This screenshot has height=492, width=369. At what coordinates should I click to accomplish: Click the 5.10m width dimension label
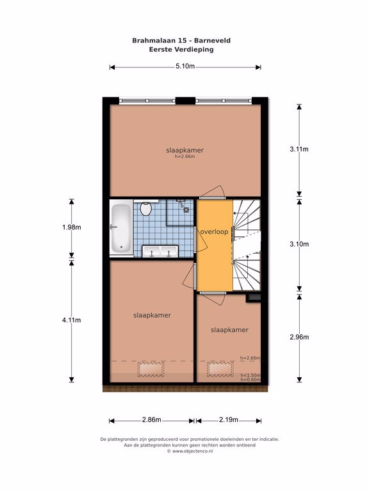point(185,66)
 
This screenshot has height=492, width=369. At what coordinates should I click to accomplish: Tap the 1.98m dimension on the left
point(72,227)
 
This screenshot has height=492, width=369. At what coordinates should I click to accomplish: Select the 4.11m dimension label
point(72,320)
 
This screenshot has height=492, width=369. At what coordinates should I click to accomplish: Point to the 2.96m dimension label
point(299,337)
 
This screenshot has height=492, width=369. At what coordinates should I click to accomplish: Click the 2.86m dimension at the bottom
point(152,420)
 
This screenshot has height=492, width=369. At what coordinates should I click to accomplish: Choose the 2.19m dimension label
point(229,420)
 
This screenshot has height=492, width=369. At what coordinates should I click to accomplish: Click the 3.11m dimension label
point(299,149)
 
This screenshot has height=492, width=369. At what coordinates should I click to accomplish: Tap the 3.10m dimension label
point(299,244)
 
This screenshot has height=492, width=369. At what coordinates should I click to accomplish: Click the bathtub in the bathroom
point(121,228)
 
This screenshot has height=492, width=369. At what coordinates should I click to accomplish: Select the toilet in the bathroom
point(145,208)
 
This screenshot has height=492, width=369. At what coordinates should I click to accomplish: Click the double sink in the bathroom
point(160,252)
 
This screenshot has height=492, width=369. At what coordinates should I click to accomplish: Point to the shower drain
point(186,209)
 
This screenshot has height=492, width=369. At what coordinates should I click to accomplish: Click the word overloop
point(215,232)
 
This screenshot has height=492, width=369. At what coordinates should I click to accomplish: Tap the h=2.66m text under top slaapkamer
point(184,156)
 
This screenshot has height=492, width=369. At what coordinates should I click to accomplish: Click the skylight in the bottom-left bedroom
point(151,369)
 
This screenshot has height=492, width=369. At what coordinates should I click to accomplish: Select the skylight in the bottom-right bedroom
point(220,369)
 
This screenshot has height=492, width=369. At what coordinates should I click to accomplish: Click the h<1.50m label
point(250,375)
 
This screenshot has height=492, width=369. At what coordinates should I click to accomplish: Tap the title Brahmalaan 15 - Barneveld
point(181,40)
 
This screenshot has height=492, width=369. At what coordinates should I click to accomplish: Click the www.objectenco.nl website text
point(193,451)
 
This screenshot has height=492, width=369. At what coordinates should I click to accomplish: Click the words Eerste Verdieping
point(181,49)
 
